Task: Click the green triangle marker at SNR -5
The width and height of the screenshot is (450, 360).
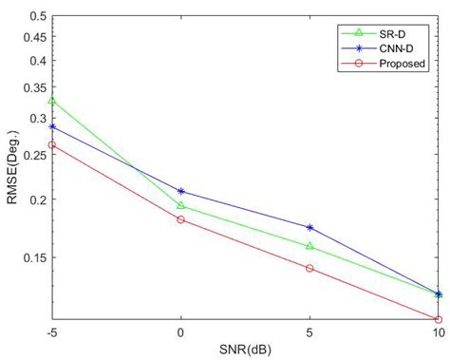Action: pos(52,101)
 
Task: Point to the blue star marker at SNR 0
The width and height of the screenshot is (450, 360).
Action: pos(180,192)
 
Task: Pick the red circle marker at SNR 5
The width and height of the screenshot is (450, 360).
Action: pos(309,268)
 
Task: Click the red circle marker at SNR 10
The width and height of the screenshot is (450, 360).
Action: pos(438,319)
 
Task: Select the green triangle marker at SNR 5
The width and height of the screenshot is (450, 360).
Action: pos(309,246)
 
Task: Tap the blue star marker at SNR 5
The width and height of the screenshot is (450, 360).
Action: pos(309,228)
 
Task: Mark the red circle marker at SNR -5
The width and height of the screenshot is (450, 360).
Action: pos(52,145)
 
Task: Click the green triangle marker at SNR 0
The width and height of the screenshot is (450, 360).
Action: pos(180,205)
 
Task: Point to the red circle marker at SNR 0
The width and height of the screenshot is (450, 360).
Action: pos(180,219)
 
